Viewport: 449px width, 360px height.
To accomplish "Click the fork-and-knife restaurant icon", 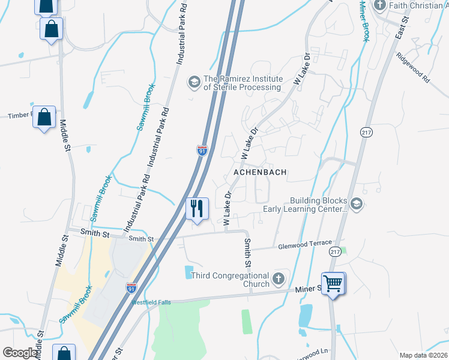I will pos(197,208).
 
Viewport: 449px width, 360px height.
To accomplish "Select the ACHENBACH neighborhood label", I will pos(259,172).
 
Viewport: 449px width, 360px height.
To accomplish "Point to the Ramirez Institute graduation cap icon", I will pos(194,80).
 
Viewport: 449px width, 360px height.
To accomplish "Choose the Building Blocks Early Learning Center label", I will pos(319,205).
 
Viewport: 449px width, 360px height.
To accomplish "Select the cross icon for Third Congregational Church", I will pos(277,278).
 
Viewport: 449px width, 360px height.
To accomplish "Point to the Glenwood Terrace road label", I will pos(304,244).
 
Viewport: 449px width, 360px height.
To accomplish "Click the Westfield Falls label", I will pos(151,302).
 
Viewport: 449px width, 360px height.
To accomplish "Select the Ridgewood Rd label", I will pos(413,67).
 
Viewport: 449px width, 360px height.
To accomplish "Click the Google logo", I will pos(20,353).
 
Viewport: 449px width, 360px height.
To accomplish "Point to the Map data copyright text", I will pos(423,355).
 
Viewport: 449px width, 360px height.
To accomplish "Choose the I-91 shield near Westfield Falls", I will pos(131,288).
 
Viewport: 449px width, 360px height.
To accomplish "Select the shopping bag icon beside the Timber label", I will pos(44,118).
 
